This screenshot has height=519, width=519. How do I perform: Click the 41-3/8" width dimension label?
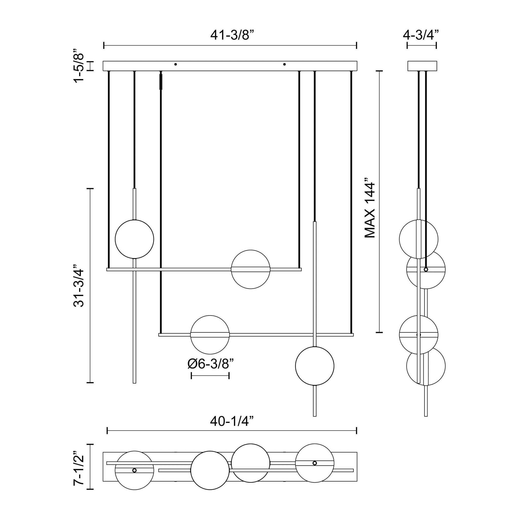(232, 35)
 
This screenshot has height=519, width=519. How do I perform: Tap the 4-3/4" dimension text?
(421, 35)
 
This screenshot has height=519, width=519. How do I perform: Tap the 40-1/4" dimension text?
(232, 421)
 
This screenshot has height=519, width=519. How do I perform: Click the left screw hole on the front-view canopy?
(175, 64)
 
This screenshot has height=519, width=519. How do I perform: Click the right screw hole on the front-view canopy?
(285, 64)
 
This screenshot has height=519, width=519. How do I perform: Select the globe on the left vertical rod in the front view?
(134, 239)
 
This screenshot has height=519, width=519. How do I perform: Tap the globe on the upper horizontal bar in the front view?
(250, 269)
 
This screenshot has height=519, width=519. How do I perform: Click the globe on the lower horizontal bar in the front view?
(210, 335)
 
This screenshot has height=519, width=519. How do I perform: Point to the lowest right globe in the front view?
(314, 366)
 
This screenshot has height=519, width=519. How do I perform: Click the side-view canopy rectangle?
(422, 66)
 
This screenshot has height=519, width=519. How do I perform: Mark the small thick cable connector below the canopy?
(161, 82)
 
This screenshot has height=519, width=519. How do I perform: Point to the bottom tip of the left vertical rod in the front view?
(134, 382)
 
